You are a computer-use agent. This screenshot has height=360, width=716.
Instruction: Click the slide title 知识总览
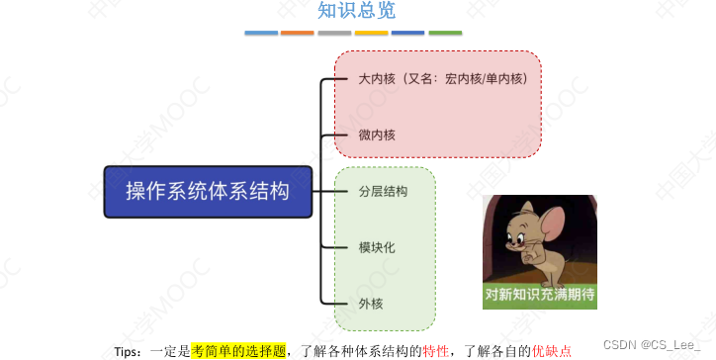(356, 12)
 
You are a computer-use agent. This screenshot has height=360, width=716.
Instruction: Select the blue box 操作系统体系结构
(208, 192)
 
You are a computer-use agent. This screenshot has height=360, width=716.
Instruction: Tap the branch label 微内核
(377, 134)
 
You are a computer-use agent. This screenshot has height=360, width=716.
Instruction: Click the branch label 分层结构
(383, 191)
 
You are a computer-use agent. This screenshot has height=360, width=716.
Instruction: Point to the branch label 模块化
(377, 246)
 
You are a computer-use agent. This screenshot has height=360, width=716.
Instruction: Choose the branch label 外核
(370, 302)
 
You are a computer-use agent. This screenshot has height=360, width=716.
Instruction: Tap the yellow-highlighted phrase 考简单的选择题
(238, 350)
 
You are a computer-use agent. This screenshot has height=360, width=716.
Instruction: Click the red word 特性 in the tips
(436, 350)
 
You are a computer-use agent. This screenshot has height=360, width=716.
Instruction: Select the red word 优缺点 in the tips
(552, 350)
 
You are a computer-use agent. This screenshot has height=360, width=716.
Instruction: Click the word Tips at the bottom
(129, 351)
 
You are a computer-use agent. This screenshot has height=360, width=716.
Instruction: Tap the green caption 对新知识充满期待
(539, 295)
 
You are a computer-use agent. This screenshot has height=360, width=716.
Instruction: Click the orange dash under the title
(298, 33)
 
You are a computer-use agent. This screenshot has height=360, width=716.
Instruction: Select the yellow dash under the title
(371, 33)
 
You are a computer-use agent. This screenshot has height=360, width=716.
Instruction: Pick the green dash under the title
(445, 33)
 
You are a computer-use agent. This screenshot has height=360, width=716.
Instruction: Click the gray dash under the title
(334, 33)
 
